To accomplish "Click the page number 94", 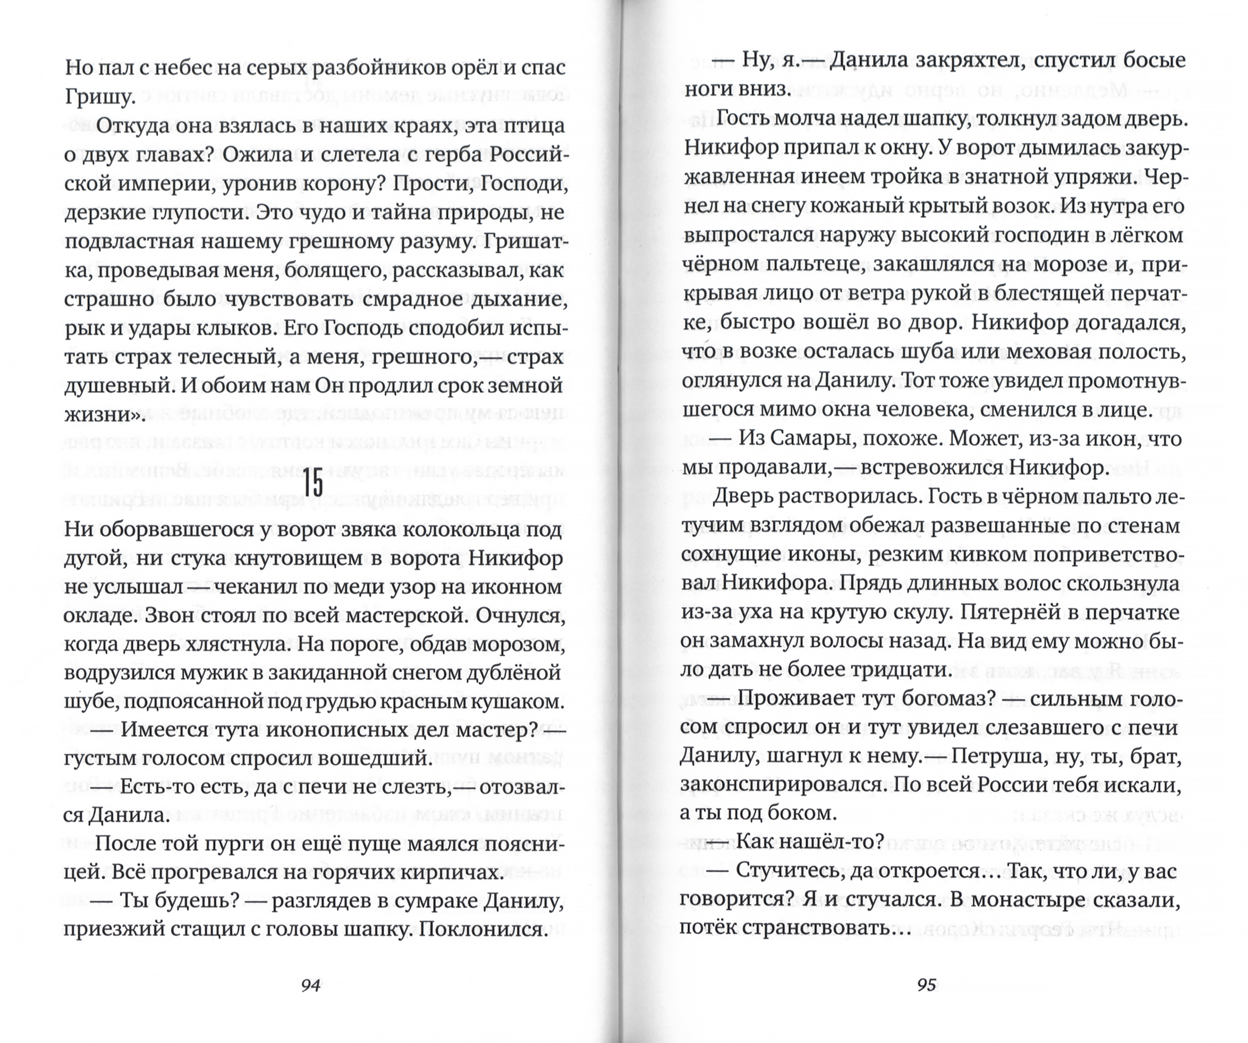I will pos(311,985).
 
